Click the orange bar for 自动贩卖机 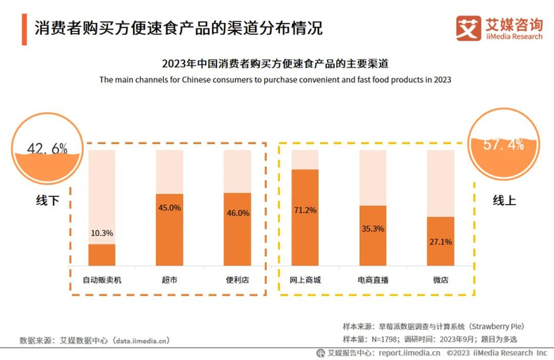[101, 255]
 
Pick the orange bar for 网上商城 [305, 218]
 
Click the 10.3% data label [102, 233]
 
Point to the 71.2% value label [305, 210]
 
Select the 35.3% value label [373, 229]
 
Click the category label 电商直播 [373, 280]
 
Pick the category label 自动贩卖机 [102, 280]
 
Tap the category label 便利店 [237, 280]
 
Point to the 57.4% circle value [504, 144]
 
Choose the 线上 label [504, 200]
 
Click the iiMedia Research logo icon [469, 28]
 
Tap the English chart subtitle [275, 79]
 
